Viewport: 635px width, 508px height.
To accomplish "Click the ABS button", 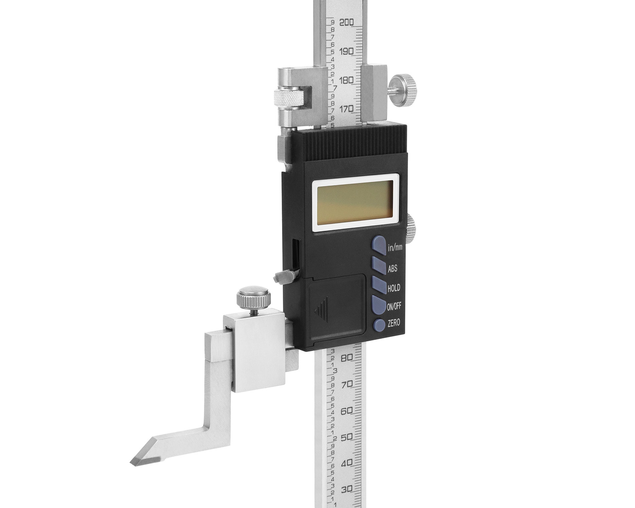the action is [x=379, y=265].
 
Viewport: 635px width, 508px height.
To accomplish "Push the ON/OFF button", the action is [x=379, y=304].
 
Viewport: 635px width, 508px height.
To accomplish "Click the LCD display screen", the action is [x=357, y=202].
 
